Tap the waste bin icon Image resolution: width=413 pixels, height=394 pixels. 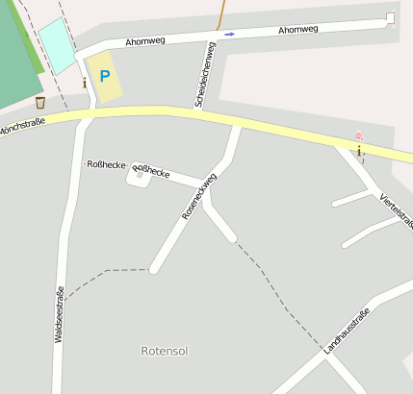coord(39,102)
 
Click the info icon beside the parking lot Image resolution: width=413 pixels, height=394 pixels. coord(85,84)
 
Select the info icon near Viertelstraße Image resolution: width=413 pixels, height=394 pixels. coord(359,150)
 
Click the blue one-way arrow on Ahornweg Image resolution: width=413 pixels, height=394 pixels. coord(229,35)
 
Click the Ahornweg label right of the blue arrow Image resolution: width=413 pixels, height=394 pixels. coord(297,30)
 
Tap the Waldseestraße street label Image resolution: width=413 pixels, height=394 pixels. coord(59,315)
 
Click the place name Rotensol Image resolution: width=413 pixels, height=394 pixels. coord(163,351)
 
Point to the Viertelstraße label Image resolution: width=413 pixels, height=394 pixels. coord(396,210)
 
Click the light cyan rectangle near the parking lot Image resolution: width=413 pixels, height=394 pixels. coord(57,45)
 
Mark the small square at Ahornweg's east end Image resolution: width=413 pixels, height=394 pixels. coord(390,17)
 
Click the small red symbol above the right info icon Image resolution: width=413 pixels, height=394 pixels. coord(359,135)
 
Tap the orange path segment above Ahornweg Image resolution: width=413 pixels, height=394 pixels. coord(221,13)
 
